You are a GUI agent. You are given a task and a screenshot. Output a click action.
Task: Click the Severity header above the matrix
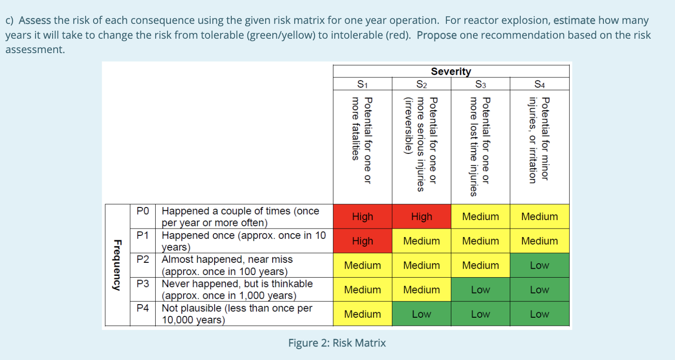pyautogui.click(x=451, y=71)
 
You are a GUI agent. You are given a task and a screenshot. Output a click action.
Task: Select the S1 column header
pyautogui.click(x=362, y=84)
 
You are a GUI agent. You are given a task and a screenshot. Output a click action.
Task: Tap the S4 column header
pyautogui.click(x=539, y=84)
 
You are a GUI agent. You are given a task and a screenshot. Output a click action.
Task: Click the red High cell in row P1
pyautogui.click(x=362, y=241)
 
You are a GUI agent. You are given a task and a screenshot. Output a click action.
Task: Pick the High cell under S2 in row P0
pyautogui.click(x=421, y=216)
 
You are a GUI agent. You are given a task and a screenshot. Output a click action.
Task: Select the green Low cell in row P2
pyautogui.click(x=539, y=265)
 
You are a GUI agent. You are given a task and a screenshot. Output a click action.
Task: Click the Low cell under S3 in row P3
pyautogui.click(x=480, y=289)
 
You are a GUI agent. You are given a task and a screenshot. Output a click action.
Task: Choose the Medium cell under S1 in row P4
pyautogui.click(x=362, y=314)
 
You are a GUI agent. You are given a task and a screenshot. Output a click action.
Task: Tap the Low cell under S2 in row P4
pyautogui.click(x=421, y=314)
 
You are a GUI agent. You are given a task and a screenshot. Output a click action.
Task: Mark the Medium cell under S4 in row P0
pyautogui.click(x=539, y=216)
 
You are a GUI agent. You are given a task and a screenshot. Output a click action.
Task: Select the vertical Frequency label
pyautogui.click(x=117, y=265)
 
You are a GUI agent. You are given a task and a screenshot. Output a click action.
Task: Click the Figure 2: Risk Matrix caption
pyautogui.click(x=337, y=343)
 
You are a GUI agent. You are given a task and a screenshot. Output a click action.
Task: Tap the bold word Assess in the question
pyautogui.click(x=36, y=21)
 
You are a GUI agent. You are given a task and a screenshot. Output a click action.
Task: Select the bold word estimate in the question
pyautogui.click(x=574, y=21)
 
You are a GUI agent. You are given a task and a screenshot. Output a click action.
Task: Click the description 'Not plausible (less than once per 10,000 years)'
pyautogui.click(x=237, y=314)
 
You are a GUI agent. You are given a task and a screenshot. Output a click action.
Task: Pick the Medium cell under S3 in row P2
pyautogui.click(x=480, y=265)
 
